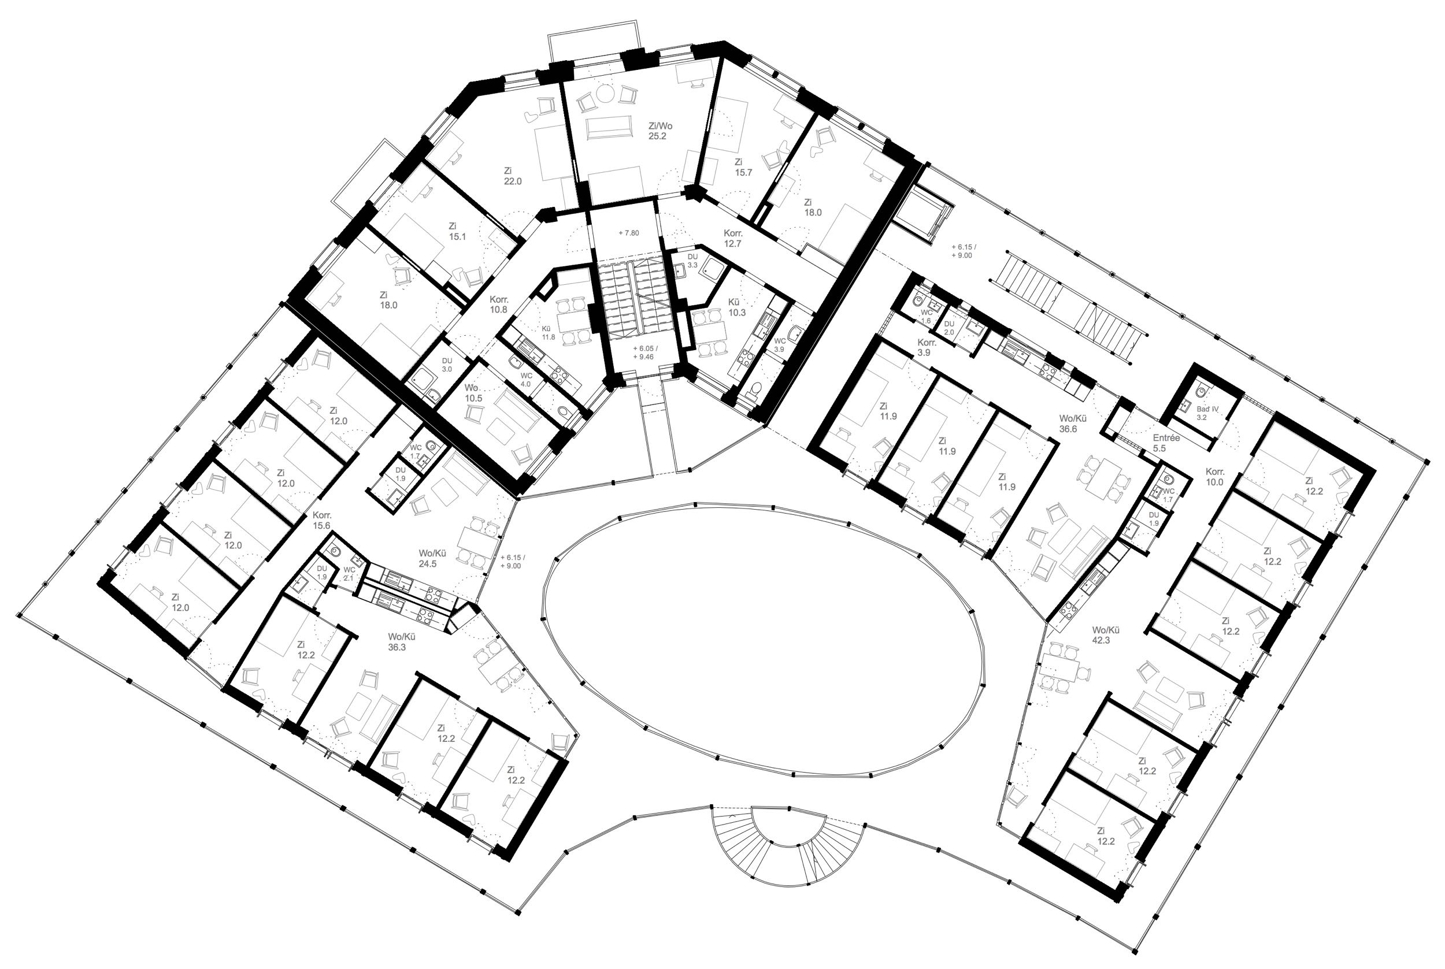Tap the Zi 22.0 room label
tap(512, 176)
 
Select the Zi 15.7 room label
tap(743, 168)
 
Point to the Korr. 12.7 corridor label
tap(732, 239)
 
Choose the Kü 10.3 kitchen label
tap(736, 307)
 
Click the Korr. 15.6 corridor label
tap(321, 521)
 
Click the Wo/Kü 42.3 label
tap(1101, 635)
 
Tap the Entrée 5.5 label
tap(1166, 443)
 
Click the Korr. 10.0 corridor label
tap(1214, 477)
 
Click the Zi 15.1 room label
tap(457, 231)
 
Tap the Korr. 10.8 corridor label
tap(498, 304)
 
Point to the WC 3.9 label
tap(779, 345)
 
